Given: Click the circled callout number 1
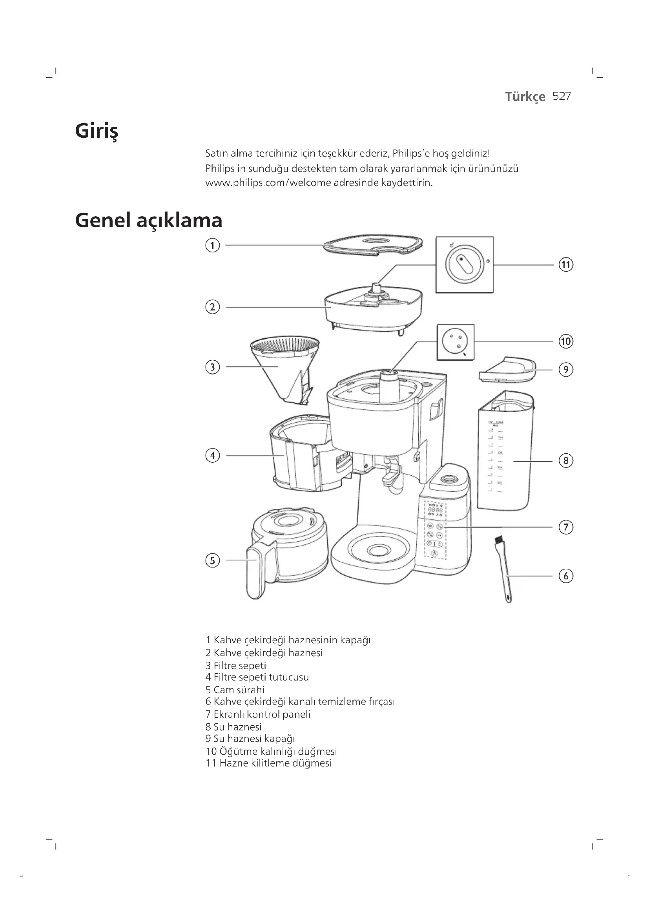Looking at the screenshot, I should (x=213, y=245).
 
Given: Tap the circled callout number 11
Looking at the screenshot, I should (x=565, y=265).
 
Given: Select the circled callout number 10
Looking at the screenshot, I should (x=565, y=341).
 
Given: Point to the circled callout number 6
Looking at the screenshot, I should (x=565, y=576).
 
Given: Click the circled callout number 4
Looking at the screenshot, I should (x=213, y=455).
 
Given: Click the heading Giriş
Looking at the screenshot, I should (x=97, y=131).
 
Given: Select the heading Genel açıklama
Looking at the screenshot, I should (x=149, y=220).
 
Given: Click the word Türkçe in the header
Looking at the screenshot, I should (x=525, y=97).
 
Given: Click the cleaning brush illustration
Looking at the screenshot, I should (x=504, y=570).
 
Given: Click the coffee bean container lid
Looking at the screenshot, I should (x=372, y=244).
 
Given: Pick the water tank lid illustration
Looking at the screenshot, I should (x=507, y=369).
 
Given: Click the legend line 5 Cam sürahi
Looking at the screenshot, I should (x=235, y=690).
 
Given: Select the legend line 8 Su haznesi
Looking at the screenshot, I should (x=233, y=726).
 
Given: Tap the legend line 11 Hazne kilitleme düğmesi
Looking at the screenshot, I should (x=268, y=763).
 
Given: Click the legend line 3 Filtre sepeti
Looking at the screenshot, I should (x=236, y=665).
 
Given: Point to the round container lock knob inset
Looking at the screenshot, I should (x=464, y=264).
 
